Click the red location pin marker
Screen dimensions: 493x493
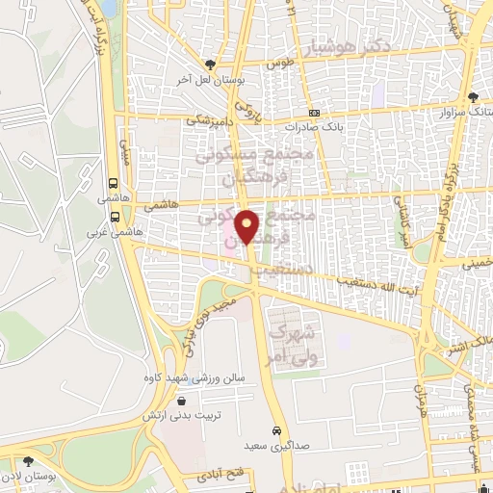247,226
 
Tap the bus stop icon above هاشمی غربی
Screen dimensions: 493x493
115,218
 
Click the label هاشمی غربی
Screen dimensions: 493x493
108,232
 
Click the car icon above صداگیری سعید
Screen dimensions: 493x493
276,430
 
